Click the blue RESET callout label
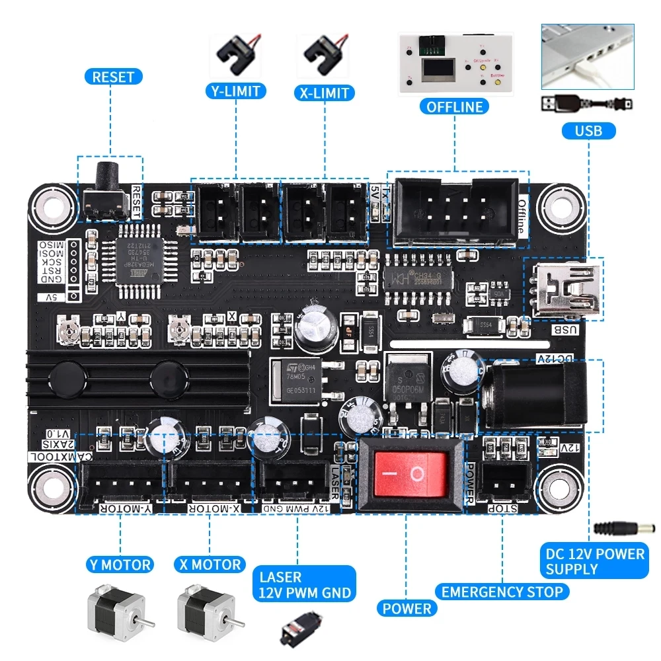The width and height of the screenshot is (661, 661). click(x=113, y=77)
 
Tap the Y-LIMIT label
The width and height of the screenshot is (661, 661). click(x=235, y=91)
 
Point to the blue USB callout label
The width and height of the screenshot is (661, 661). click(x=588, y=130)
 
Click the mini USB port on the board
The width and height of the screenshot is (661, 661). click(x=566, y=289)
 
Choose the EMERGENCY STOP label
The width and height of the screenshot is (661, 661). click(x=502, y=592)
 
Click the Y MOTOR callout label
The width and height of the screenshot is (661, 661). click(x=120, y=564)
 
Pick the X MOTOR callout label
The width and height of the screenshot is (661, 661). click(x=209, y=564)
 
